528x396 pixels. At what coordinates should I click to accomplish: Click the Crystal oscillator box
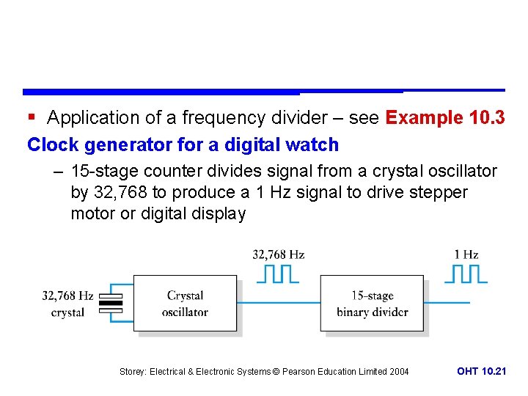pos(185,303)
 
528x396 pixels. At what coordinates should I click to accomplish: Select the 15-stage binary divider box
pos(372,303)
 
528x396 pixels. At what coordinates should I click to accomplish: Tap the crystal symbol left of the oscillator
pos(111,302)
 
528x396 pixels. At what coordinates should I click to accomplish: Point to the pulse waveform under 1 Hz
pos(466,274)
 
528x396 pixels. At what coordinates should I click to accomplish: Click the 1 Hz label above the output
pos(466,254)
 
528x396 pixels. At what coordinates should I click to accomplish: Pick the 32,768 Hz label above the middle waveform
pos(279,254)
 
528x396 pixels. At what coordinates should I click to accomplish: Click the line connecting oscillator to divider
pos(279,302)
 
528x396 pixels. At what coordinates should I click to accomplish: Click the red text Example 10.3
pos(444,117)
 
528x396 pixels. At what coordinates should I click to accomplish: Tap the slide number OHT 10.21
pos(481,371)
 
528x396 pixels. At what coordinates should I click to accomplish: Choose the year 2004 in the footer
pos(399,372)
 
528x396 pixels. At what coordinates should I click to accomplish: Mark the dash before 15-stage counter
pos(58,172)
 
